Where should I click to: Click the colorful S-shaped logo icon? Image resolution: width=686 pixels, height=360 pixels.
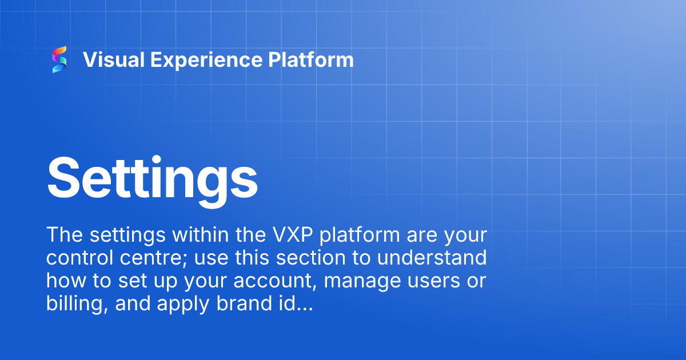59,60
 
